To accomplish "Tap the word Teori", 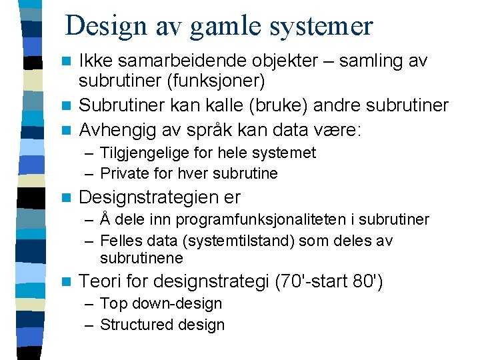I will tap(97, 281).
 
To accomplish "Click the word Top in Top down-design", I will tap(112, 303).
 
